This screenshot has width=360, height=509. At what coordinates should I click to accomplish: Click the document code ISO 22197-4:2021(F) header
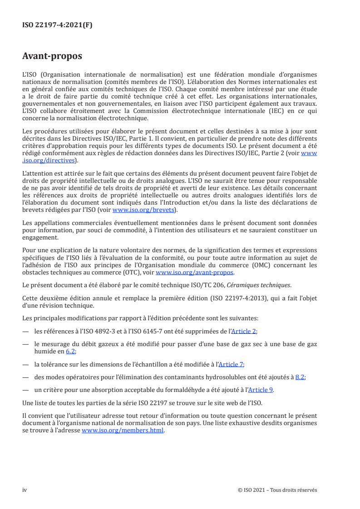57,25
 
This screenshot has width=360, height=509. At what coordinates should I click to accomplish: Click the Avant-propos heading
52,56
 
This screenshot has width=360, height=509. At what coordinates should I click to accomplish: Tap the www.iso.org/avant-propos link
194,272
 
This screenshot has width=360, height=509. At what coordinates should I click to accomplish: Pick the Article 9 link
261,390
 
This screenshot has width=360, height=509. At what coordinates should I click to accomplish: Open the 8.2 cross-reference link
300,377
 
